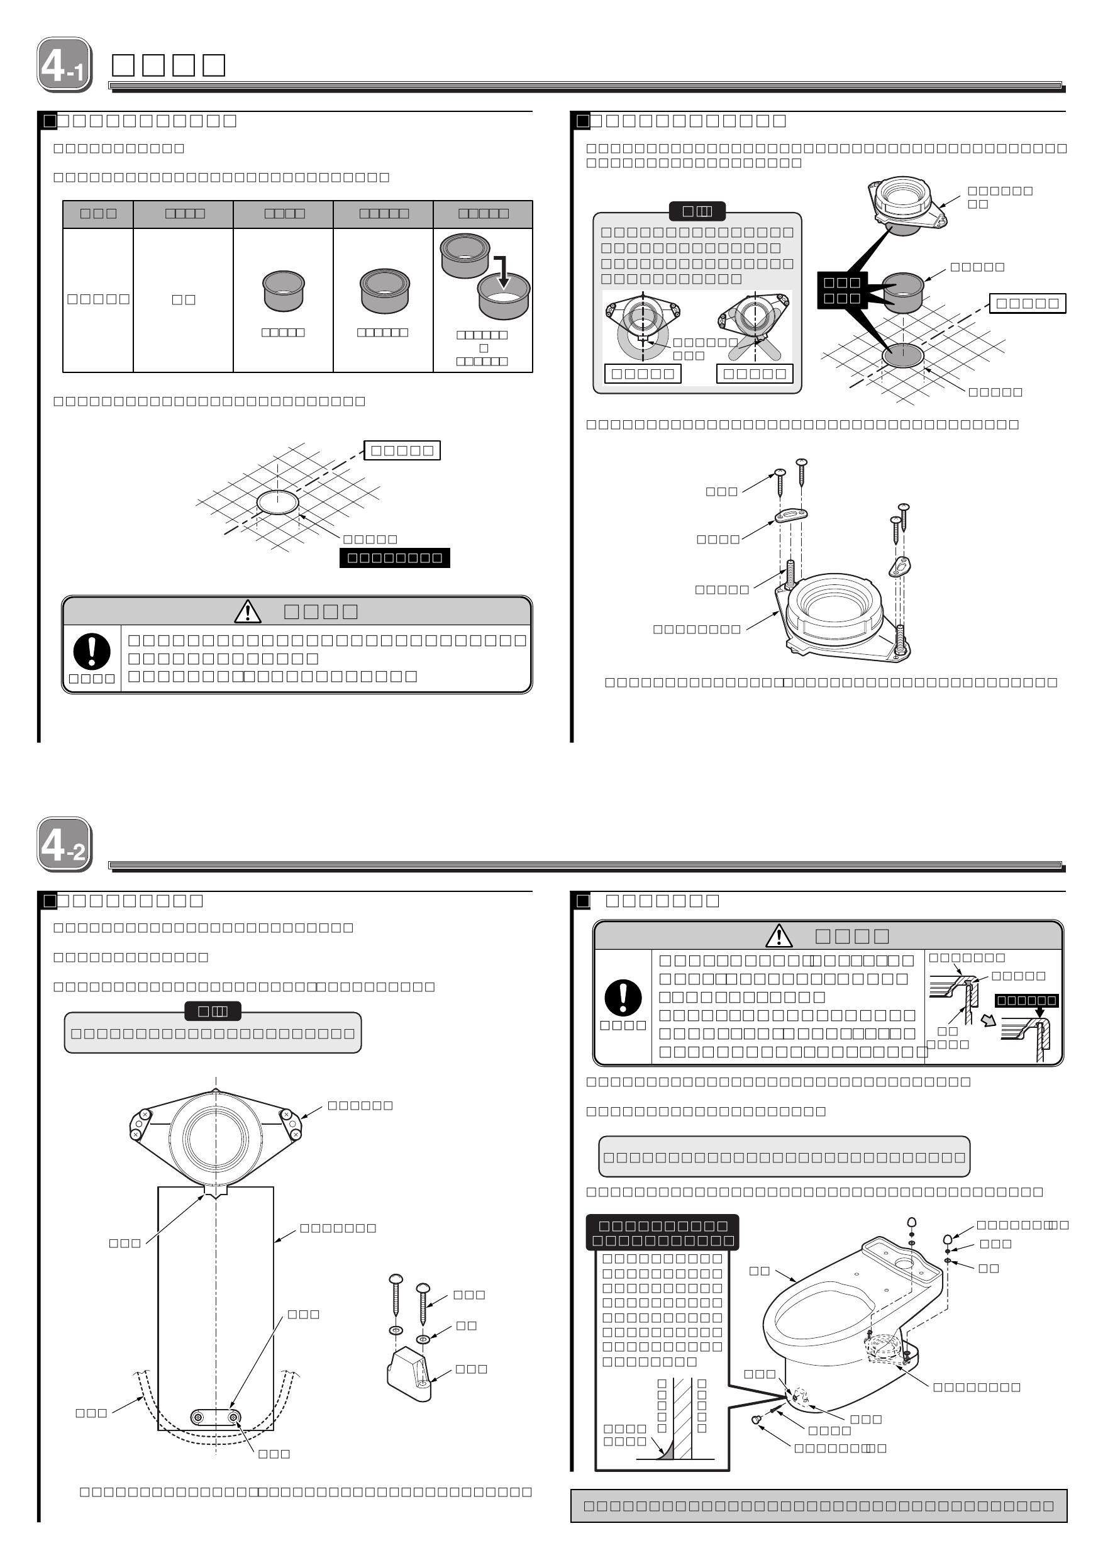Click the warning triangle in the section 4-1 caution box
(247, 611)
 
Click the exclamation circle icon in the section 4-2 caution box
(622, 998)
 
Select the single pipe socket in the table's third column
(283, 290)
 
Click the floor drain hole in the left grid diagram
(277, 502)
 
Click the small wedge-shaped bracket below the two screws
(409, 1375)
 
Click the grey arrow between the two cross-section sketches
(989, 1020)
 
